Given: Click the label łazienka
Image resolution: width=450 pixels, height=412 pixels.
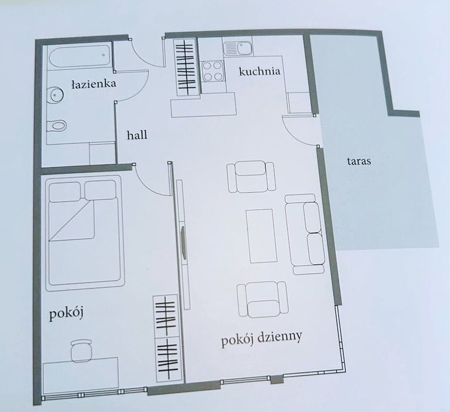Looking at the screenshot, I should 93,84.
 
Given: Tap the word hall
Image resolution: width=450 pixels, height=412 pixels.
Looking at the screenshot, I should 136,135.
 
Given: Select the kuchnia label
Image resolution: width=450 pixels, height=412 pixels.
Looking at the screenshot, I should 258,72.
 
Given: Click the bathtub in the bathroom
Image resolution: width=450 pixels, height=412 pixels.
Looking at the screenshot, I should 80,58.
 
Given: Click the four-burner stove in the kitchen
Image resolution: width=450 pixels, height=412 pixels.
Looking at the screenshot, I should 213,71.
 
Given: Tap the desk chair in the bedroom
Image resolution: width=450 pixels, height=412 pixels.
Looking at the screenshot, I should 81,351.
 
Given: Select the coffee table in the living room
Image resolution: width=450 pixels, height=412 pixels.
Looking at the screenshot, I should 261,235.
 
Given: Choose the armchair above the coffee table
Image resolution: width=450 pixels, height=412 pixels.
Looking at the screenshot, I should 251,176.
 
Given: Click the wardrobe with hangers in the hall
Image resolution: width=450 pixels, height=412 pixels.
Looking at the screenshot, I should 186,66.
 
